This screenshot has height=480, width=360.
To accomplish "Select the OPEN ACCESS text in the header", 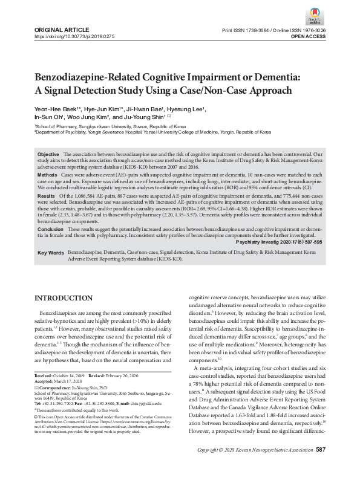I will [x=308, y=37].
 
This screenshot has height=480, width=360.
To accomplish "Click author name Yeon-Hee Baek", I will [x=54, y=109].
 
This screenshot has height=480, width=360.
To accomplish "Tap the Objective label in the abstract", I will [x=48, y=155].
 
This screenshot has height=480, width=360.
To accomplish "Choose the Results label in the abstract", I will [x=47, y=197].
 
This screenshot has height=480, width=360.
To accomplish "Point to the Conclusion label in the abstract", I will [x=50, y=230].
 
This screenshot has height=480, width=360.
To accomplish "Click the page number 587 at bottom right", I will [x=321, y=466].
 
